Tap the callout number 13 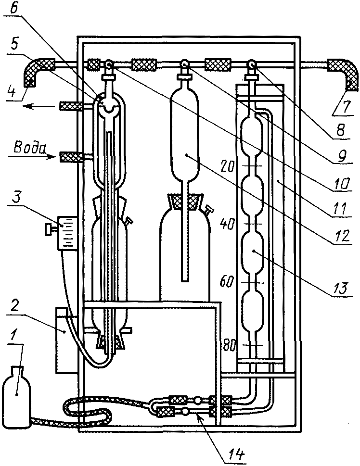click(x=341, y=287)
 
